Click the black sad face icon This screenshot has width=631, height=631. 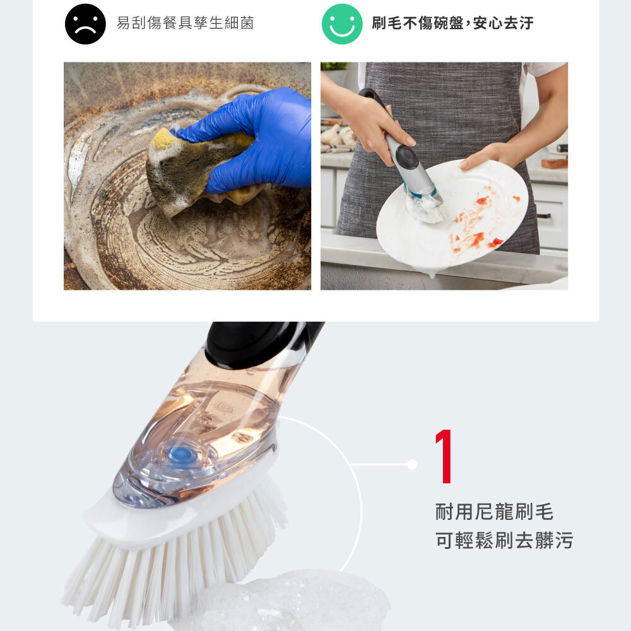[85, 24]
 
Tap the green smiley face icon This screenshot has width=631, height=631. [342, 24]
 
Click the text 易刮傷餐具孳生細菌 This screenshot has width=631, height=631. [185, 23]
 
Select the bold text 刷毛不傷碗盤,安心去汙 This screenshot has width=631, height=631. [452, 23]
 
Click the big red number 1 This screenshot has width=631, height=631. [444, 456]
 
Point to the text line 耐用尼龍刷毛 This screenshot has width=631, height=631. [495, 512]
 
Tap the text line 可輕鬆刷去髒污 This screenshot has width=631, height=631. [504, 540]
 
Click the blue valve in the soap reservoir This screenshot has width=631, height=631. [180, 454]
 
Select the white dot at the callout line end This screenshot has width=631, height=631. [411, 464]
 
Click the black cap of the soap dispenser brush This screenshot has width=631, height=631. [257, 344]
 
